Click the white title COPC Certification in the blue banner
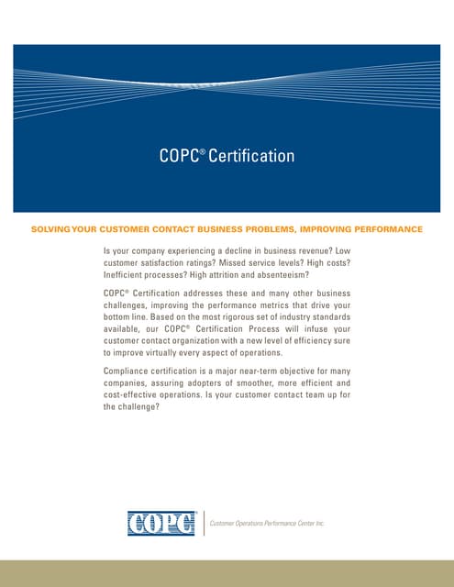click(x=227, y=156)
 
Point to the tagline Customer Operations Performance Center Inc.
click(x=268, y=523)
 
